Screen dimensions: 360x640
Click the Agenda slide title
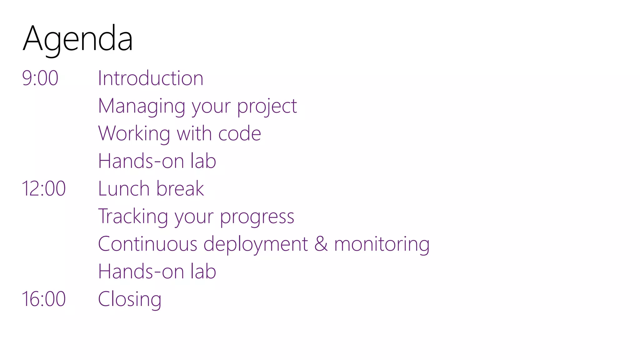coord(78,39)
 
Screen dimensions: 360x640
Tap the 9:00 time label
coord(40,78)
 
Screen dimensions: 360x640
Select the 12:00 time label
coord(44,188)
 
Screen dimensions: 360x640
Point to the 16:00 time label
coord(44,299)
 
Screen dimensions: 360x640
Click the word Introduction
coord(151,78)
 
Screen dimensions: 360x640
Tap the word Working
coord(134,134)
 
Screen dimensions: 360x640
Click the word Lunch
coord(124,188)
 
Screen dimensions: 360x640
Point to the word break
coord(180,188)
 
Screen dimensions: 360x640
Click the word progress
coord(257,217)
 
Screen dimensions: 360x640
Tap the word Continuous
coord(147,244)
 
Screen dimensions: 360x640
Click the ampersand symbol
coord(321,244)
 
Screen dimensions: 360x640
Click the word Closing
coord(130,299)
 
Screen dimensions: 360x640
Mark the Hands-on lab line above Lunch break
coord(157,161)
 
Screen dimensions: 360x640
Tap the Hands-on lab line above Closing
coord(157,271)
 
